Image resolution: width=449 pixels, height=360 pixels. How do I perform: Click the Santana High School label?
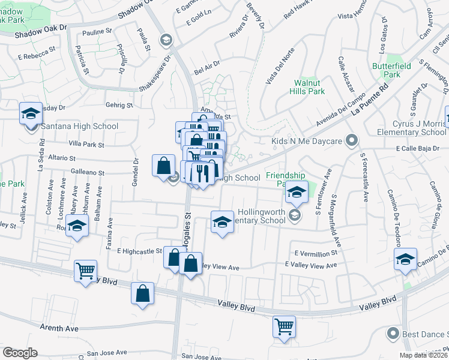point(79,127)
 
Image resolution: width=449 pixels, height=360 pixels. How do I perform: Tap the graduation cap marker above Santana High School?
point(30,113)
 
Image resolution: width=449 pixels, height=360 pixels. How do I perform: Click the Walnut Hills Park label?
point(309,87)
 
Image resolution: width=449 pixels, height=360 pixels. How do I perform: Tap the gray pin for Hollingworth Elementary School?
point(294,214)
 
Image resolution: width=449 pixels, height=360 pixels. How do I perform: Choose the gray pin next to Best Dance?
point(393,332)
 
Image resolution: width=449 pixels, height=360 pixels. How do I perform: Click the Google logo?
point(20,352)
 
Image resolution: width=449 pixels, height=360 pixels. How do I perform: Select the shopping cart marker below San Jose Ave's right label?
point(284,326)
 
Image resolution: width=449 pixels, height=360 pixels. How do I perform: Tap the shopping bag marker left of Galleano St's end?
point(163,165)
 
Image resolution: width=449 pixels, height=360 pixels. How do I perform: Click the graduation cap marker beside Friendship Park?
point(296,192)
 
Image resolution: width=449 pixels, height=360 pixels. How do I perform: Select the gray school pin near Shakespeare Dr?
point(166,40)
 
